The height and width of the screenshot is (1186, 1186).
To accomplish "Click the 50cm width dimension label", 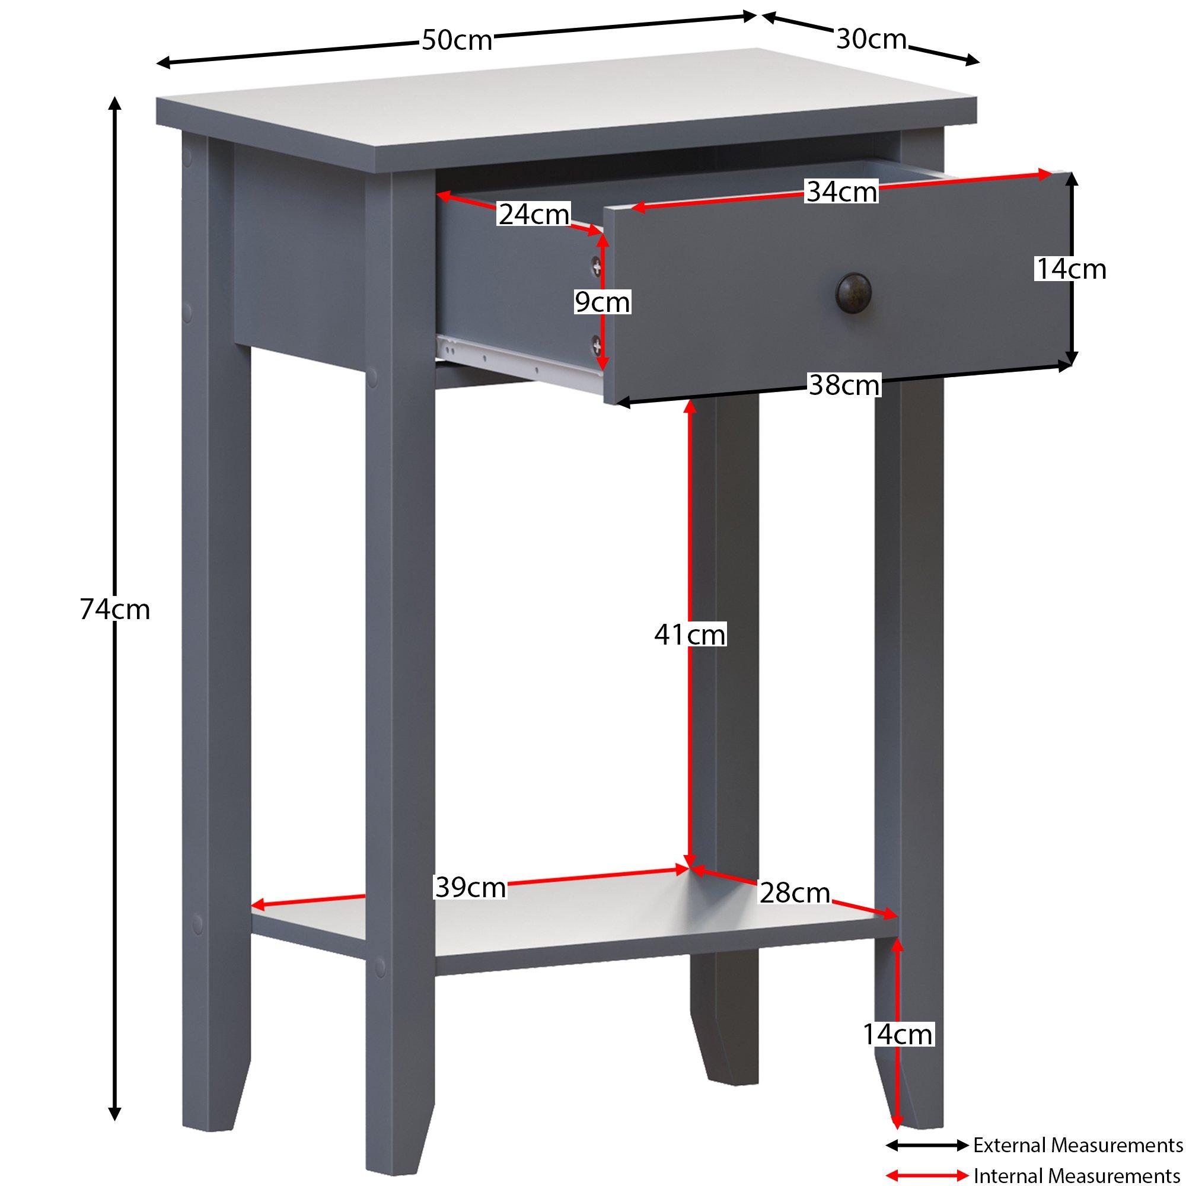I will pyautogui.click(x=457, y=40).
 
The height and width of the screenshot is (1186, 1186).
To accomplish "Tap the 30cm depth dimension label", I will pyautogui.click(x=871, y=39).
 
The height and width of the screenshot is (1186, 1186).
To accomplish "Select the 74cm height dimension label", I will pyautogui.click(x=115, y=610).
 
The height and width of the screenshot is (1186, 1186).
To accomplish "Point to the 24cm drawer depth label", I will pyautogui.click(x=534, y=214).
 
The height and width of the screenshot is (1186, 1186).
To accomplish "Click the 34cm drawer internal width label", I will pyautogui.click(x=841, y=192).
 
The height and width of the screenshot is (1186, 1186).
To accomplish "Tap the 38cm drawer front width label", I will pyautogui.click(x=844, y=385).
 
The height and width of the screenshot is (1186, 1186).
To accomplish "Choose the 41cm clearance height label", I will pyautogui.click(x=690, y=634).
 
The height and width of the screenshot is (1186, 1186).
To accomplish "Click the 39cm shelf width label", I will pyautogui.click(x=470, y=887).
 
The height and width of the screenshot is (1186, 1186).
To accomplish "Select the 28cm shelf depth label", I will pyautogui.click(x=795, y=892).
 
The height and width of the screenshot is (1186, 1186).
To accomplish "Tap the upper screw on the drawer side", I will pyautogui.click(x=596, y=265).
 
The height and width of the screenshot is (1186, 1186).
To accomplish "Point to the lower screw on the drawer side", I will pyautogui.click(x=596, y=347).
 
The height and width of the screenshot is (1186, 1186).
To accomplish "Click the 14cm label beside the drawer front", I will pyautogui.click(x=1071, y=269).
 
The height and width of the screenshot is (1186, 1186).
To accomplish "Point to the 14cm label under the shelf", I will pyautogui.click(x=897, y=1034).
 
